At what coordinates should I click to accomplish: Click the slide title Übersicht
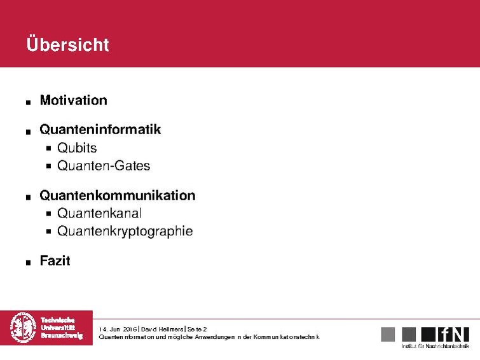click(x=67, y=45)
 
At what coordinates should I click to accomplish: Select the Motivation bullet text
click(x=73, y=100)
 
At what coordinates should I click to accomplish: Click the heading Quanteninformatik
click(x=100, y=130)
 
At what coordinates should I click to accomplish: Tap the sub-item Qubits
click(x=76, y=148)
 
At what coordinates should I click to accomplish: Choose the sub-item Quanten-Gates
click(x=103, y=166)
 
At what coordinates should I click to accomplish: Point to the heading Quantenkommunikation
click(x=117, y=195)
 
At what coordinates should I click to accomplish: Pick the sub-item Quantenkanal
click(x=99, y=213)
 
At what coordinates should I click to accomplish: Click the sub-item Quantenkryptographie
click(x=125, y=231)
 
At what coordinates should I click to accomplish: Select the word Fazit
click(x=55, y=261)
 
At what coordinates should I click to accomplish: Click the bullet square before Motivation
click(x=29, y=102)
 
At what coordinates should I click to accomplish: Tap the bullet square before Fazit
click(x=29, y=263)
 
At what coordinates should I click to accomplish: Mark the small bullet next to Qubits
click(x=50, y=148)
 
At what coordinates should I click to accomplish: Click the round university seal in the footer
click(x=24, y=328)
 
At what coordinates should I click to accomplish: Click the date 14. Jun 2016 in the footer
click(x=118, y=328)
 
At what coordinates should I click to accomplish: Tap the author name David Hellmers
click(x=161, y=328)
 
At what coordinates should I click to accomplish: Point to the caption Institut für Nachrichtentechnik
click(x=435, y=347)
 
